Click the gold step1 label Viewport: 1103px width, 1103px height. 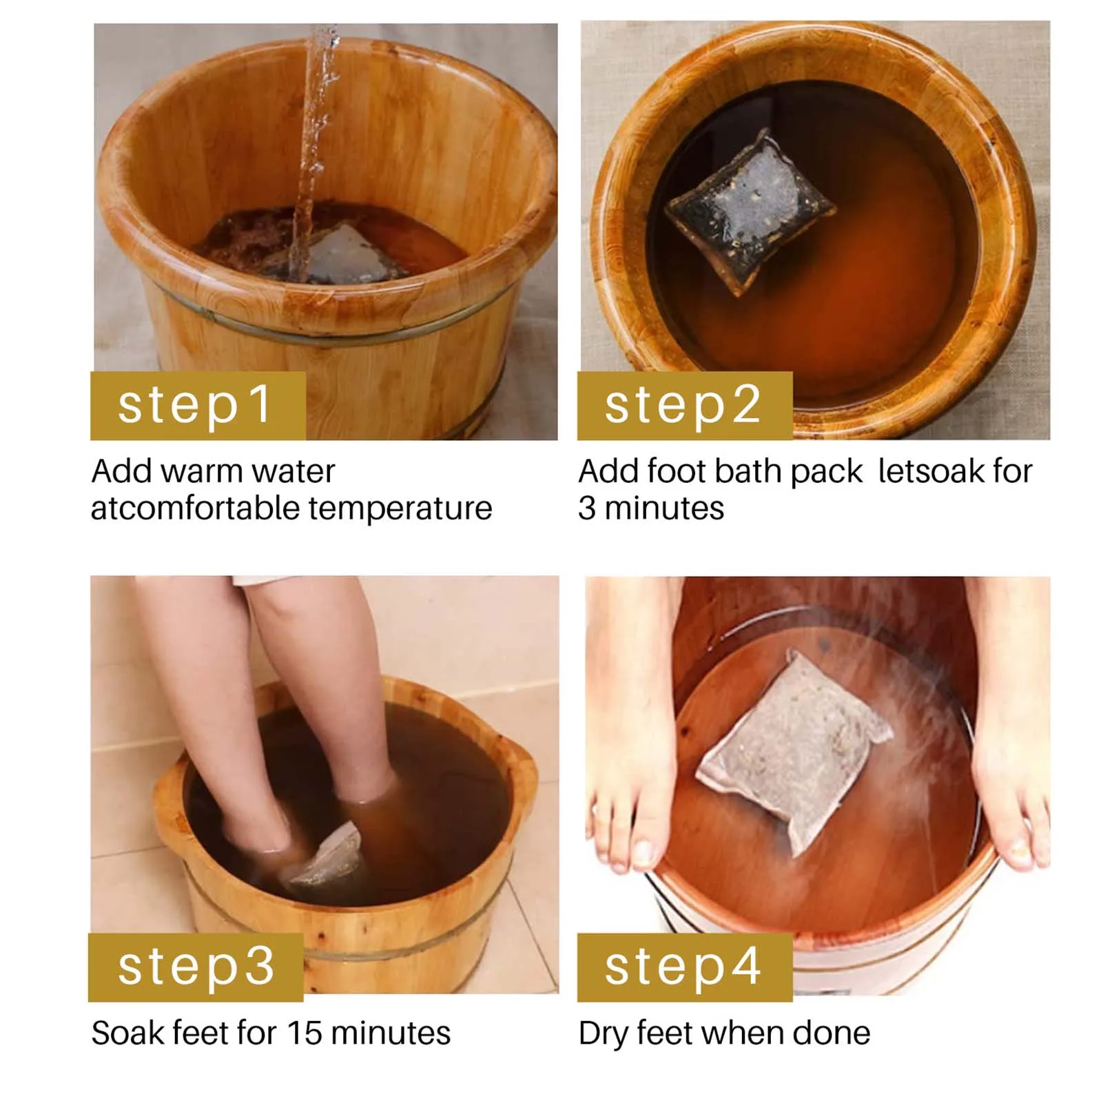pyautogui.click(x=198, y=405)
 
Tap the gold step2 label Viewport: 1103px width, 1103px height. pyautogui.click(x=685, y=405)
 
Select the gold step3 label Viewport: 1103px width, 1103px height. pyautogui.click(x=196, y=967)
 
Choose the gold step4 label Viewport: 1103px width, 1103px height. pyautogui.click(x=685, y=967)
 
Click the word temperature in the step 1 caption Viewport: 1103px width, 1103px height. pyautogui.click(x=400, y=509)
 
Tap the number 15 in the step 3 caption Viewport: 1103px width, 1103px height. pyautogui.click(x=304, y=1033)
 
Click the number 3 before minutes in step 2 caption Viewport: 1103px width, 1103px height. pyautogui.click(x=586, y=508)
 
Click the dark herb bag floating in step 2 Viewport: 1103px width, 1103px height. pyautogui.click(x=750, y=210)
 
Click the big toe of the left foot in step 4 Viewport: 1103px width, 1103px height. pyautogui.click(x=642, y=854)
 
